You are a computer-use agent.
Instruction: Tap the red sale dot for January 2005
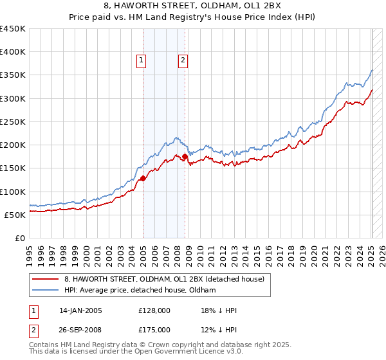point(142,178)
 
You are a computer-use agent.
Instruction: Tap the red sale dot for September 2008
point(185,156)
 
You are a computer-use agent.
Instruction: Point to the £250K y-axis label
point(13,122)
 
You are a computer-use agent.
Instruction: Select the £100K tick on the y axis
point(13,192)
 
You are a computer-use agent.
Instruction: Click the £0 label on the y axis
point(20,238)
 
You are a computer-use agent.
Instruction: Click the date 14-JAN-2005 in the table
point(80,310)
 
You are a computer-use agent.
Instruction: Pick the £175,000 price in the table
point(154,330)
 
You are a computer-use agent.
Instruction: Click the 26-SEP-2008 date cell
point(80,330)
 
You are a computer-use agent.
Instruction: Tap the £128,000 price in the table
point(154,310)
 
